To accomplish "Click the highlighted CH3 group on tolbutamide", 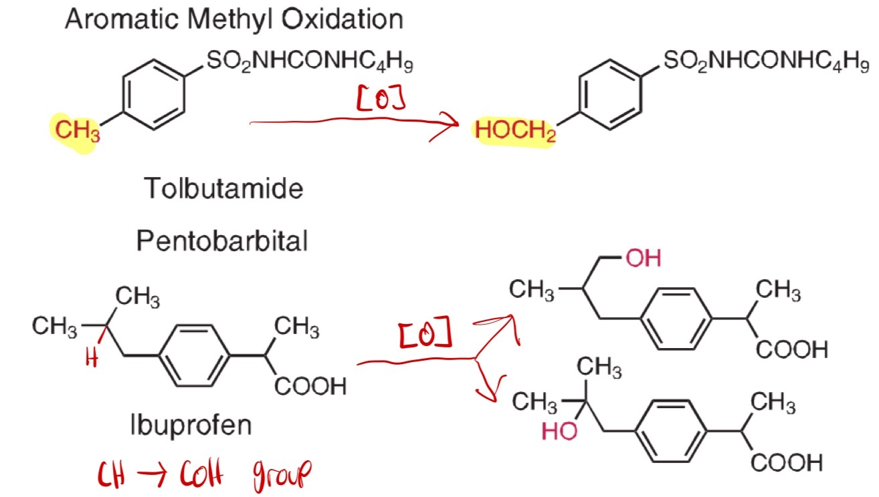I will (76, 131).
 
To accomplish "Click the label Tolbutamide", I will (224, 189).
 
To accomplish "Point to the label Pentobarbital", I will (222, 240).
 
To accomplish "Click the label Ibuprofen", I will (191, 425).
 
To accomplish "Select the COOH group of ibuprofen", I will (310, 386).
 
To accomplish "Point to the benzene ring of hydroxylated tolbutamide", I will (609, 95).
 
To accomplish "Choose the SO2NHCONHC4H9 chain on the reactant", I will (309, 63).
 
